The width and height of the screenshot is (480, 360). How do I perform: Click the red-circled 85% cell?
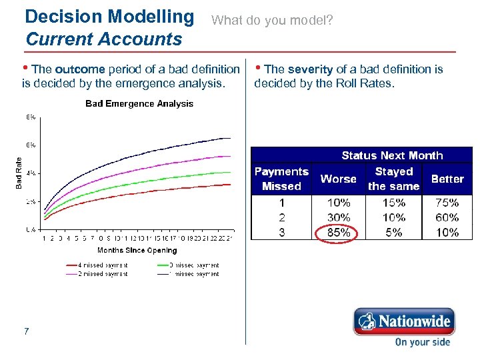coord(339,233)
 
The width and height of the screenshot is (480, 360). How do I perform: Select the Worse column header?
coord(339,179)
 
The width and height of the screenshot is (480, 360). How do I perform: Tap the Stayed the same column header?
coord(393,179)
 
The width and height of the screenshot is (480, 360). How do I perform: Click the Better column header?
coord(447,179)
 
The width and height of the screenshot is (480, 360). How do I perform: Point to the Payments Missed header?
coord(281,179)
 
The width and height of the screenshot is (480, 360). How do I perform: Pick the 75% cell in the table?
coord(447,203)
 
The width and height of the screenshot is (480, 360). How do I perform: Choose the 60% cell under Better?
coord(447,217)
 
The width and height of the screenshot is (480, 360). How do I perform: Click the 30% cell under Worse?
coord(339,217)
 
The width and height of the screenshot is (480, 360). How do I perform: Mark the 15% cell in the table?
coord(393,203)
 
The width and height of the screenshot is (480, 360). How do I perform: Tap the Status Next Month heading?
coord(392,155)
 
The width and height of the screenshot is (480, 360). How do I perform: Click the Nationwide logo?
coord(403,322)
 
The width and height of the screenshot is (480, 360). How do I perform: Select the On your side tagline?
coord(422,342)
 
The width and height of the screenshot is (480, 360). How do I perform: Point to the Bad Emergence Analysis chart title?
coord(139,103)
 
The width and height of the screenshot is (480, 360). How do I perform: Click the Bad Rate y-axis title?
coord(19,173)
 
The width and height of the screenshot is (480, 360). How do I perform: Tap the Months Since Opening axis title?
coord(137,251)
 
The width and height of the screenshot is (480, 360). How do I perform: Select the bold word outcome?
coord(80,69)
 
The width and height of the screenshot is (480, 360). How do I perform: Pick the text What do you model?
coord(272,21)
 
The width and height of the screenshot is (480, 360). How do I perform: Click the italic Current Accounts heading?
coord(103,39)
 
